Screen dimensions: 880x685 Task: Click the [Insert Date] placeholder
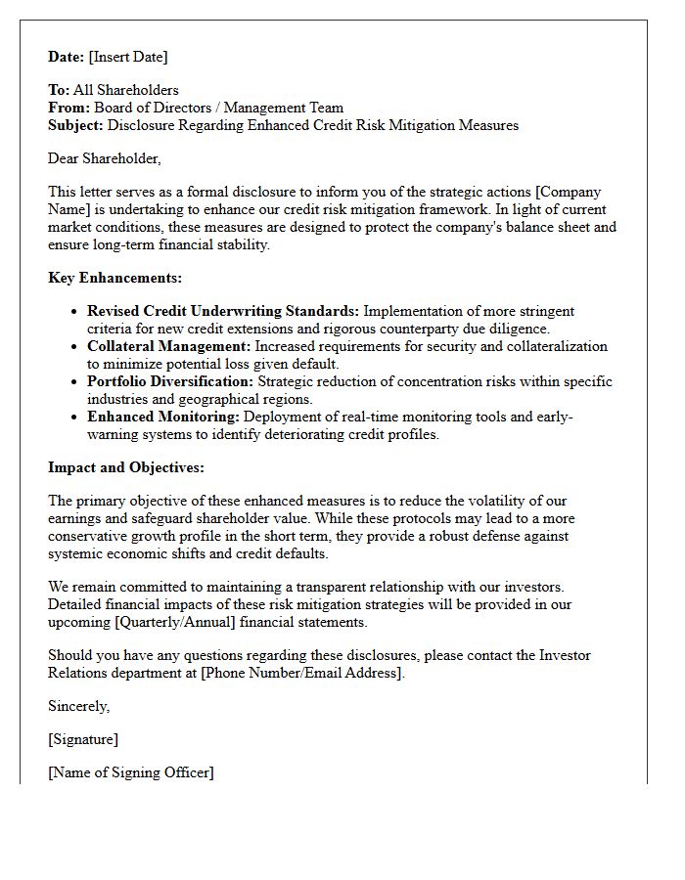pos(129,57)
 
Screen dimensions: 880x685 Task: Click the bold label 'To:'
pos(59,91)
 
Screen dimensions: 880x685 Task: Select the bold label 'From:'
pos(69,109)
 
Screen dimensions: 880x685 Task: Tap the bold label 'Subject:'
pos(76,126)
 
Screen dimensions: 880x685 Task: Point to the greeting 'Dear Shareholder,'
pos(105,158)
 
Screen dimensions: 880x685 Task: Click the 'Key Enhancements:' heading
pos(114,279)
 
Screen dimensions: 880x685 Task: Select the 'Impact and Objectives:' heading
pos(126,468)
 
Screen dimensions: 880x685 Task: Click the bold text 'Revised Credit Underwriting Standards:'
pos(223,312)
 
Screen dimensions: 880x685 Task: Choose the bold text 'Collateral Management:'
pos(169,347)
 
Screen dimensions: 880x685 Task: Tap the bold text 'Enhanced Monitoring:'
pos(163,418)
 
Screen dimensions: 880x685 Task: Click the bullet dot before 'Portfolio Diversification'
pos(75,382)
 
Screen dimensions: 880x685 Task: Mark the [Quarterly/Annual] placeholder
pos(170,622)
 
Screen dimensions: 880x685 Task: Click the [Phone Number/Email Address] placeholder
pos(301,674)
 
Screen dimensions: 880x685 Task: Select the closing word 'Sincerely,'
pos(79,706)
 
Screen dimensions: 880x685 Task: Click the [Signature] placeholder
pos(83,739)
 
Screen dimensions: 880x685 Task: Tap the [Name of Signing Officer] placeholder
pos(131,772)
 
